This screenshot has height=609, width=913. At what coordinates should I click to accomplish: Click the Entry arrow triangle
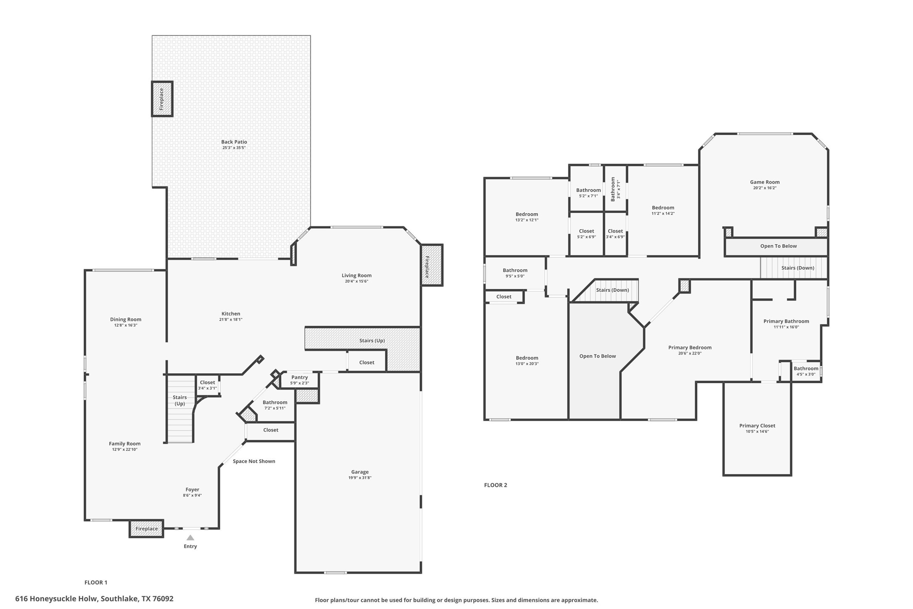[x=190, y=538]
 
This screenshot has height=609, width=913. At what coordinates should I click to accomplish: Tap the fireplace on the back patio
[x=162, y=99]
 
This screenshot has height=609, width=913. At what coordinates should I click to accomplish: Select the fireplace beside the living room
[x=431, y=265]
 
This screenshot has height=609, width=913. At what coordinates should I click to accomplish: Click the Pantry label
[x=300, y=377]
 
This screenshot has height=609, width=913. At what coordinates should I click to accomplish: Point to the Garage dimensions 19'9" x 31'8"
[x=360, y=478]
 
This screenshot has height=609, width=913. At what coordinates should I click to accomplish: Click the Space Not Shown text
[x=254, y=461]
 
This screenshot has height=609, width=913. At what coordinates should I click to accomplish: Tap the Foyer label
[x=192, y=490]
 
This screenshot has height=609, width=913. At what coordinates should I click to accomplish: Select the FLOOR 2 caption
[x=495, y=485]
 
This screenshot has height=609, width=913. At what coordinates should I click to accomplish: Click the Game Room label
[x=765, y=182]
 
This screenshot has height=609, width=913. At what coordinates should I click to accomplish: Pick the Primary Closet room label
[x=757, y=426]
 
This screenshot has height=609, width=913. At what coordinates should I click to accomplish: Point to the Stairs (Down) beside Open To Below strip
[x=797, y=268]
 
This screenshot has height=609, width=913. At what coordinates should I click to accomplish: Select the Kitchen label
[x=231, y=314]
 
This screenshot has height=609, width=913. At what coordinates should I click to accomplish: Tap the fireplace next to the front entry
[x=146, y=529]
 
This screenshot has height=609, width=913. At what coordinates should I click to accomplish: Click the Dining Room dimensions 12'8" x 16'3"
[x=126, y=325]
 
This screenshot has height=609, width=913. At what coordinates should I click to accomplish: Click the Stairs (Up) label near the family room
[x=179, y=400]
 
